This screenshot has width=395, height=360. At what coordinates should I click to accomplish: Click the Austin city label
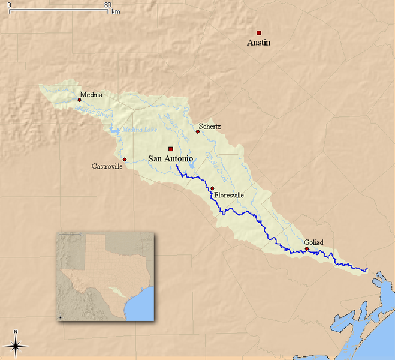click(258, 43)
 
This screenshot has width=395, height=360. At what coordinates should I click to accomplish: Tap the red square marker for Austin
click(259, 32)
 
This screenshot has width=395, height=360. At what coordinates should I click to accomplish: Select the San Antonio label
click(170, 159)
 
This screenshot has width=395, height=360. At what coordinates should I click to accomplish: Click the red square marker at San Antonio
click(171, 149)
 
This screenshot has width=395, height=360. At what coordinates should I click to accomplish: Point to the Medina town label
click(91, 95)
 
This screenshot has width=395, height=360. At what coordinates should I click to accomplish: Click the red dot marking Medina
click(79, 100)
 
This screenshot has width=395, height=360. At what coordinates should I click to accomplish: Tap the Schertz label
click(210, 127)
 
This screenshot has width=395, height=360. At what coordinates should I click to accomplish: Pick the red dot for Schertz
click(197, 131)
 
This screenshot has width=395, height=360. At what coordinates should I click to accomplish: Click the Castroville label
click(107, 166)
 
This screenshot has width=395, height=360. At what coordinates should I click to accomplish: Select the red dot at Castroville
click(125, 160)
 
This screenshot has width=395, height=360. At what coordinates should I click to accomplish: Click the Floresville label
click(229, 195)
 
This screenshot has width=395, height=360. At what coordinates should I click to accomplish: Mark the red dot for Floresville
click(212, 188)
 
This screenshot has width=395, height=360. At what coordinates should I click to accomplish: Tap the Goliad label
click(313, 242)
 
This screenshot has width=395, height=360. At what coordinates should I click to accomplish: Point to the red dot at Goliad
click(307, 248)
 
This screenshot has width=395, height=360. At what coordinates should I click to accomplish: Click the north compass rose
click(16, 344)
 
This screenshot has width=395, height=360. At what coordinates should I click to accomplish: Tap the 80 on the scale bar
click(108, 5)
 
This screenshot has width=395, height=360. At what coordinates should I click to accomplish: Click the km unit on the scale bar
click(116, 11)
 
